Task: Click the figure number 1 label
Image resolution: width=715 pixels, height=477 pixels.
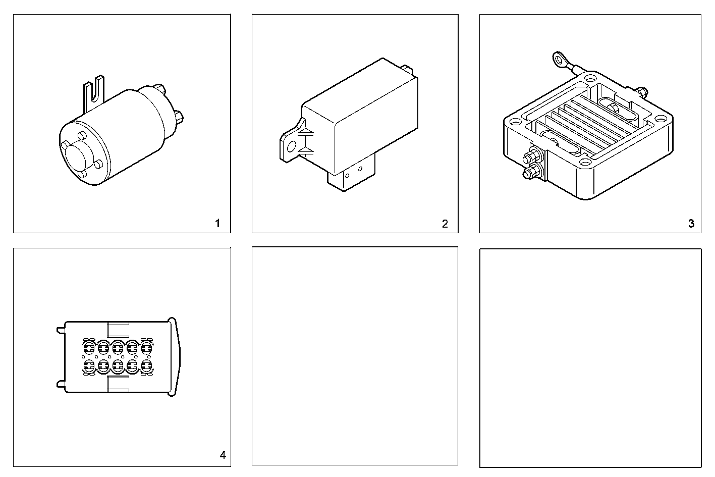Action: pyautogui.click(x=217, y=223)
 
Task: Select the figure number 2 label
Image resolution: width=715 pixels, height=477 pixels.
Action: pyautogui.click(x=445, y=224)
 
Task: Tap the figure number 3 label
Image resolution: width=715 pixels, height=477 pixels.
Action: pyautogui.click(x=691, y=223)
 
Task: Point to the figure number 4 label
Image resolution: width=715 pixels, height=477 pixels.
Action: pyautogui.click(x=223, y=455)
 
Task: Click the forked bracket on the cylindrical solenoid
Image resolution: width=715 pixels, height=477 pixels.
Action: pyautogui.click(x=95, y=93)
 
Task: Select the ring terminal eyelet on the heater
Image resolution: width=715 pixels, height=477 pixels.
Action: pyautogui.click(x=559, y=60)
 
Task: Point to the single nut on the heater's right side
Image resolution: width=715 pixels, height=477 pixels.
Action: pyautogui.click(x=641, y=91)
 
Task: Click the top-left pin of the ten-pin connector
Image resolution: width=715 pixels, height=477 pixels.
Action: pyautogui.click(x=89, y=347)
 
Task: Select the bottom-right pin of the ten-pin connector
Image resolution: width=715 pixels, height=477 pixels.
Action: pyautogui.click(x=146, y=365)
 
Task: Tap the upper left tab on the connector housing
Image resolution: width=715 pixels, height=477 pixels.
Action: pyautogui.click(x=62, y=330)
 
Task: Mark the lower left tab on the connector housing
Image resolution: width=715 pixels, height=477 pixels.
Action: pyautogui.click(x=62, y=384)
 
